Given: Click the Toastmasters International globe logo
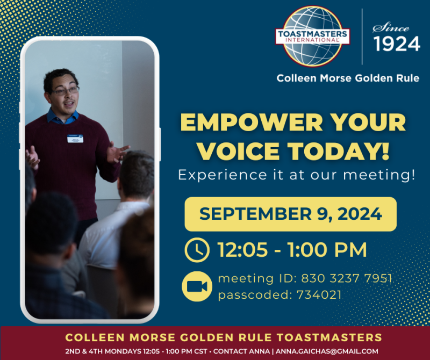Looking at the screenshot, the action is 313,36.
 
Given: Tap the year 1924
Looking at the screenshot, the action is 397,44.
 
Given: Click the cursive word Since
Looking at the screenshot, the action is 391,27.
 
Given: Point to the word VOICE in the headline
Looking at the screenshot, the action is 238,151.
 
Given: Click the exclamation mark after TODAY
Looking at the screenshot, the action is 385,151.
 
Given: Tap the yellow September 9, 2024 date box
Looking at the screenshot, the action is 290,214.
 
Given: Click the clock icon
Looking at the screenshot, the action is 197,250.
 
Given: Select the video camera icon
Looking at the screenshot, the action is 197,286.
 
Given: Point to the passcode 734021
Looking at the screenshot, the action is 319,295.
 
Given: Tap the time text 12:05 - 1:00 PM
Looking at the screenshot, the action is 292,250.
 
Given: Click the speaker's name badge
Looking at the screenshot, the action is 75,139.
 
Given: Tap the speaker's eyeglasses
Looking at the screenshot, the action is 64,90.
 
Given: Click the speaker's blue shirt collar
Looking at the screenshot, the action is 62,117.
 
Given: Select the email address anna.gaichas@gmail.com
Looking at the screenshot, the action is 327,351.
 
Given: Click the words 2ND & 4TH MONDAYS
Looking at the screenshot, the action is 103,351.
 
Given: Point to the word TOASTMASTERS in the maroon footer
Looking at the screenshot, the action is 329,337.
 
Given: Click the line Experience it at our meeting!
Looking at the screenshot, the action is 297,175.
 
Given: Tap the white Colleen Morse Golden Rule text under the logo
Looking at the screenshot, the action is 348,78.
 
